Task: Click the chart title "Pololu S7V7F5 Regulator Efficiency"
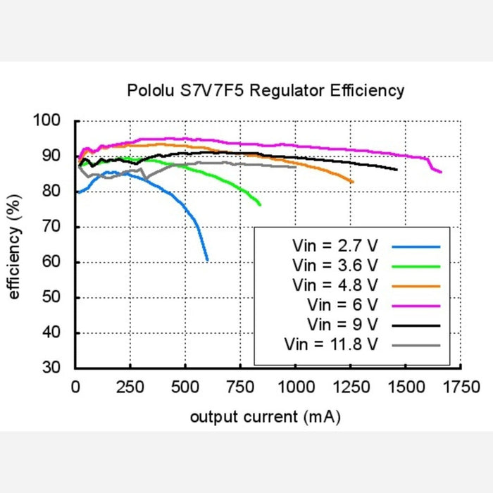(266, 91)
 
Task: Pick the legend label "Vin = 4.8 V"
(335, 285)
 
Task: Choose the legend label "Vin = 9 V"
(343, 325)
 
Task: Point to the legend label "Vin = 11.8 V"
(331, 344)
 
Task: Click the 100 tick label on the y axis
(56, 121)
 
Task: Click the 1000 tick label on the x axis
(294, 387)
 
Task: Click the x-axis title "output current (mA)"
(266, 417)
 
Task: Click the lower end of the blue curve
(208, 261)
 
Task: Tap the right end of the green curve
(261, 205)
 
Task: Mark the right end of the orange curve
(353, 182)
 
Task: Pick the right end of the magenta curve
(441, 172)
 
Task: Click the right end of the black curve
(397, 170)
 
